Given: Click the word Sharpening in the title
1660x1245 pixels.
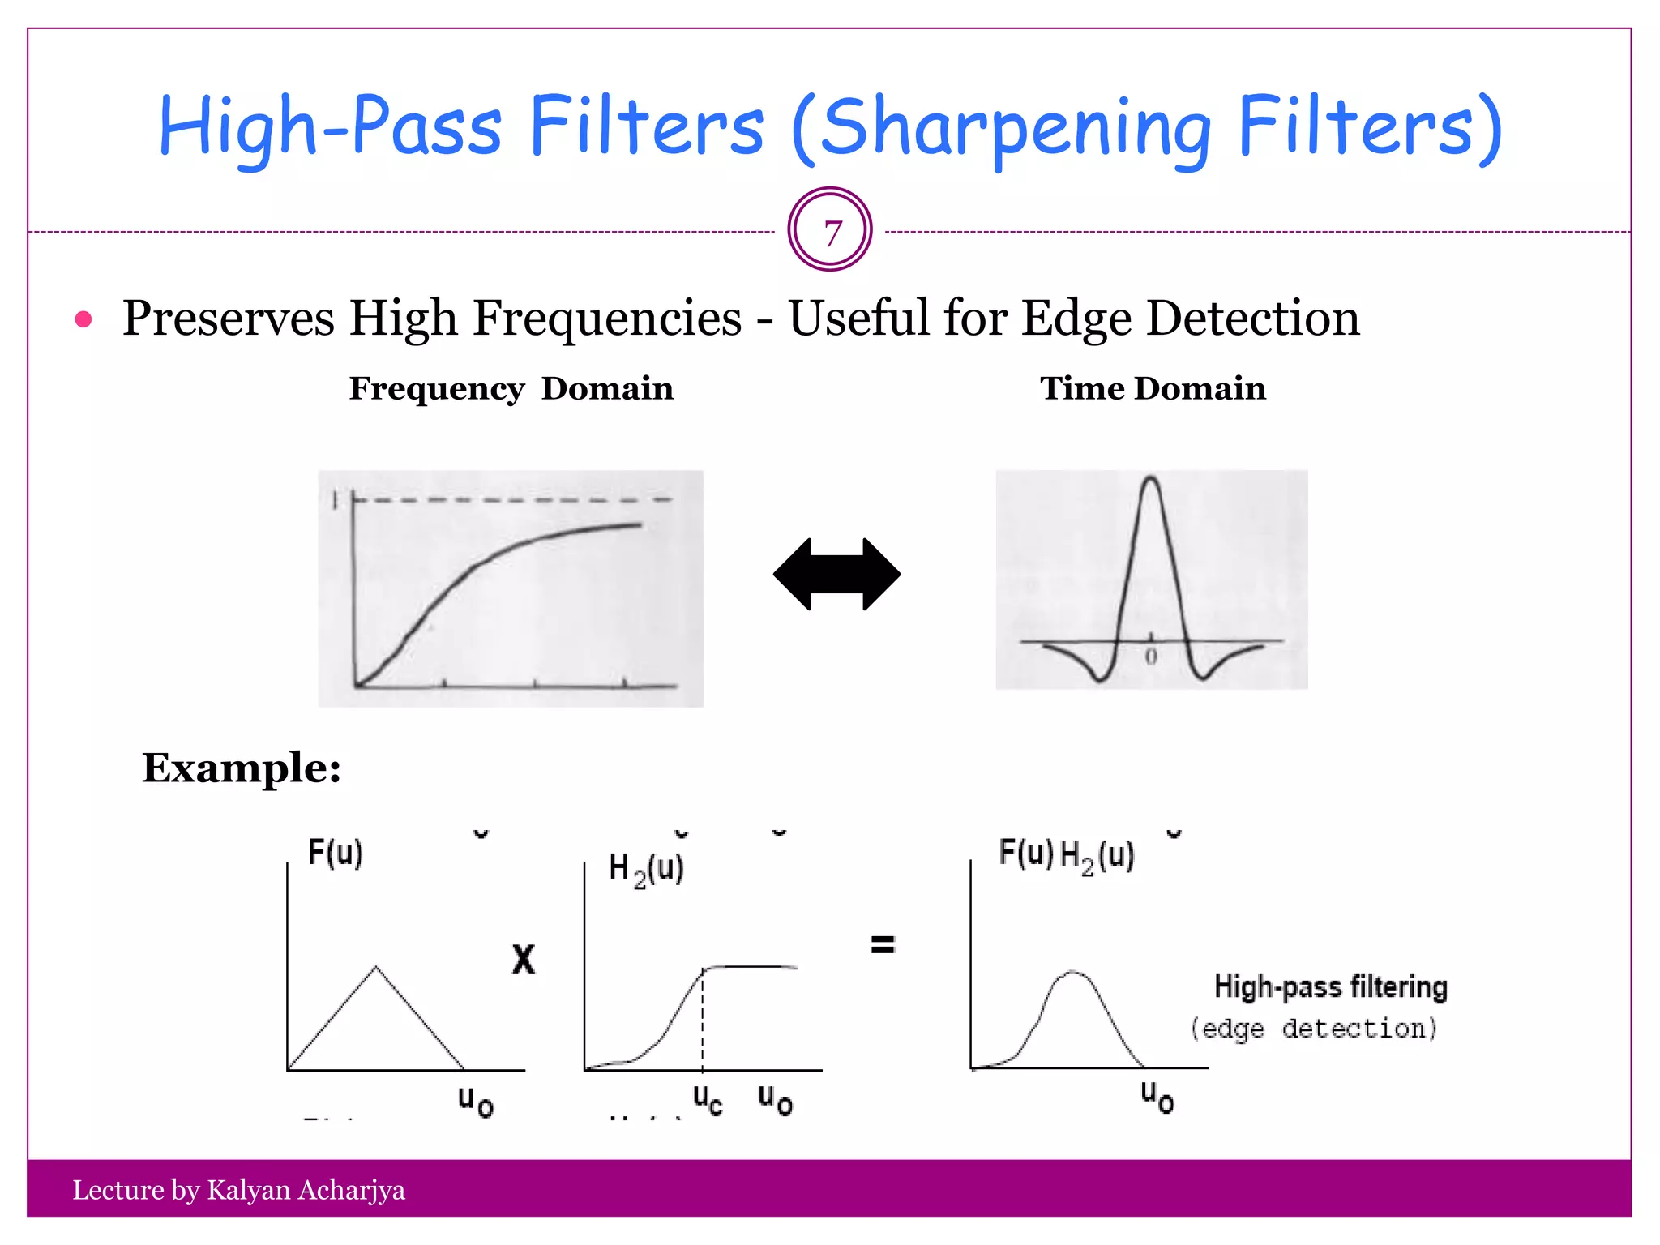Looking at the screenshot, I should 1016,128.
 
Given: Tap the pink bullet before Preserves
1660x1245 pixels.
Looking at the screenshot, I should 83,319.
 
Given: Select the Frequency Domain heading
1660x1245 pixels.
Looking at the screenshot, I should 511,388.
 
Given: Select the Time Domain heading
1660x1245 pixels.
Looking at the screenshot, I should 1152,388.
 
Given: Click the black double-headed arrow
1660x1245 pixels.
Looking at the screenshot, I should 836,574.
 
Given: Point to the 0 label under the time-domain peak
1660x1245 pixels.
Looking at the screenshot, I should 1151,657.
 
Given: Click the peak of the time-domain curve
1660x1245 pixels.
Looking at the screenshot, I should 1151,479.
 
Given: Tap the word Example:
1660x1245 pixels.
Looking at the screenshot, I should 242,767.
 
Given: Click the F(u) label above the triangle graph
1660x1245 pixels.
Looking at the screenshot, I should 335,853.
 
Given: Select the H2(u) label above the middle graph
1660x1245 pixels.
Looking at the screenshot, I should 646,869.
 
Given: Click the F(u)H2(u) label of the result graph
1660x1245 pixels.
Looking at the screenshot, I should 1066,854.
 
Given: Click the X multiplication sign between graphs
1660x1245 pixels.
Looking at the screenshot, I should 524,960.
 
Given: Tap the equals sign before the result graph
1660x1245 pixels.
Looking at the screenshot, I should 883,944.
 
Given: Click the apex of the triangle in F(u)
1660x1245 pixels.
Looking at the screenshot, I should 375,967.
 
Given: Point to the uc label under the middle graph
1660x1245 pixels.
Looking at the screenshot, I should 707,1099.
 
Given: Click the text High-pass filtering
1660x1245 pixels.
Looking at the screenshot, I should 1330,986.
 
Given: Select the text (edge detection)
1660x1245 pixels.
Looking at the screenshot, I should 1314,1028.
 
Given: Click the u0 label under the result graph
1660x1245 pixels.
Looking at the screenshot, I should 1157,1097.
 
